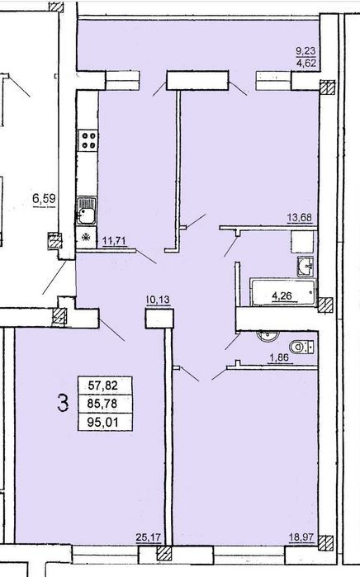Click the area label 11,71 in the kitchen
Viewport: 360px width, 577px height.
115,241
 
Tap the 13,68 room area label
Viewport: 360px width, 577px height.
300,218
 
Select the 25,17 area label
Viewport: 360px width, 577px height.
149,537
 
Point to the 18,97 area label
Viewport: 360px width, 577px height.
301,537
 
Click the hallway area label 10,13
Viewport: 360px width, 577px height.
158,300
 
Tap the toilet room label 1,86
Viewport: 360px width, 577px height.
279,357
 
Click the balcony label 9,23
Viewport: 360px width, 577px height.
306,51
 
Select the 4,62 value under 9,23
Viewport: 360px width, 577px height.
306,63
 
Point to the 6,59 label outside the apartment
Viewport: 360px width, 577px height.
44,199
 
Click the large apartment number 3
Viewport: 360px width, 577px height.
63,403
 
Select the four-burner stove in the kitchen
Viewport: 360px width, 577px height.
88,140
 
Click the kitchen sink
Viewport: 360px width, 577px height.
87,211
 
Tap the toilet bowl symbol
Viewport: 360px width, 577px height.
301,347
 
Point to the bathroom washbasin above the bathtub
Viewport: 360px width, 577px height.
306,266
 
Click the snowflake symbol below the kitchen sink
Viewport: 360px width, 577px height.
87,238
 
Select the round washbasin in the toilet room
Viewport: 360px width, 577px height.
268,335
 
